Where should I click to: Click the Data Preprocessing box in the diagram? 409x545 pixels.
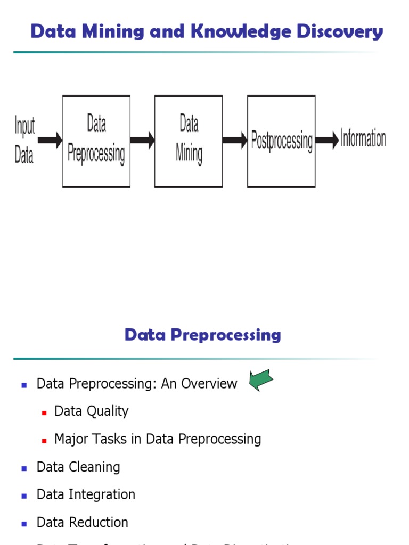point(96,141)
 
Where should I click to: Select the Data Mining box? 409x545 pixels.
point(189,141)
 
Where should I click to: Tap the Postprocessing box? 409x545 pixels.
point(281,141)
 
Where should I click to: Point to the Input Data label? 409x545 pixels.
point(24,141)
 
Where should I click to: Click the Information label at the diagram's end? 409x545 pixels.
point(363,139)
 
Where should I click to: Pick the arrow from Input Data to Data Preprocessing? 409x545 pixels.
point(50,141)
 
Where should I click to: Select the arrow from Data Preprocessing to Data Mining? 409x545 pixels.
point(142,141)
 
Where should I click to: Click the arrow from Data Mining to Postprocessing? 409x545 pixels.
point(235,141)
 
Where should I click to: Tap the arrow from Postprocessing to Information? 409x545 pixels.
point(327,141)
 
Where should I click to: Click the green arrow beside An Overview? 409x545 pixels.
point(261,381)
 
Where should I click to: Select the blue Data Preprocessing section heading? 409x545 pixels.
point(202,335)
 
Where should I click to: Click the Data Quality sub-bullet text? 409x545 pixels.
point(92,411)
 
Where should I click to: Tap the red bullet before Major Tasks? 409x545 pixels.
point(45,440)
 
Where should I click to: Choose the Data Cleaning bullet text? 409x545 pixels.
point(78,467)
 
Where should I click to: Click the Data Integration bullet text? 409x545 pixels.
point(86,495)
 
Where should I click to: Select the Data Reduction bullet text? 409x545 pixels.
point(83,523)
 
